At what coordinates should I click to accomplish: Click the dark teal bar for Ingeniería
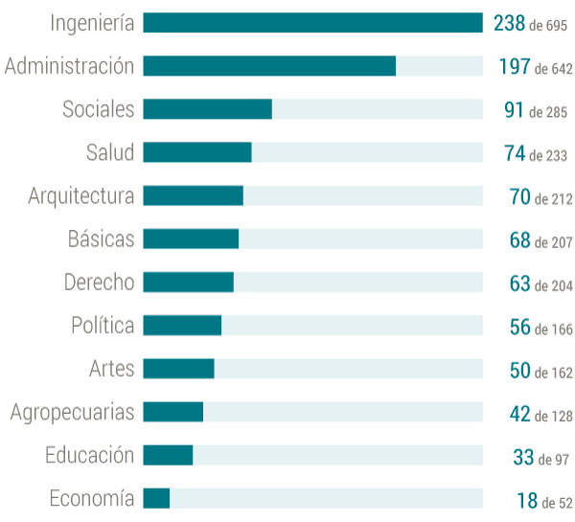(312, 23)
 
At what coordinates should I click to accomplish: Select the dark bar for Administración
(269, 66)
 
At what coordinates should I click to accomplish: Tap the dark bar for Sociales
(208, 109)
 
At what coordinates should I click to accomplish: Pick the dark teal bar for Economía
(156, 499)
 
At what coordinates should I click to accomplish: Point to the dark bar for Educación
(168, 455)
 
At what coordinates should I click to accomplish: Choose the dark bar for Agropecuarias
(173, 412)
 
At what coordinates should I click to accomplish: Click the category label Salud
(110, 152)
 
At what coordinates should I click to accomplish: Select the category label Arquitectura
(81, 196)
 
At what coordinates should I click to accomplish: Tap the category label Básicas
(102, 238)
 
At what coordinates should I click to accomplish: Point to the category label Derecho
(100, 283)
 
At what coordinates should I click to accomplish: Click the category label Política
(103, 325)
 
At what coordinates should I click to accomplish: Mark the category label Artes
(112, 369)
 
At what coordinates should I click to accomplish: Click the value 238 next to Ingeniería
(510, 23)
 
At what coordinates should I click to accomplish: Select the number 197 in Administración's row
(515, 66)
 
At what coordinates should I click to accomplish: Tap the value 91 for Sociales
(514, 109)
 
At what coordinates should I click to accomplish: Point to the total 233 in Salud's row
(557, 156)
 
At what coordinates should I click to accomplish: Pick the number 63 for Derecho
(520, 284)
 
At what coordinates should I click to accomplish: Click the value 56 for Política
(520, 327)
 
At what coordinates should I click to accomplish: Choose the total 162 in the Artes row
(563, 373)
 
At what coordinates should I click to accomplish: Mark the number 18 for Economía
(527, 500)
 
